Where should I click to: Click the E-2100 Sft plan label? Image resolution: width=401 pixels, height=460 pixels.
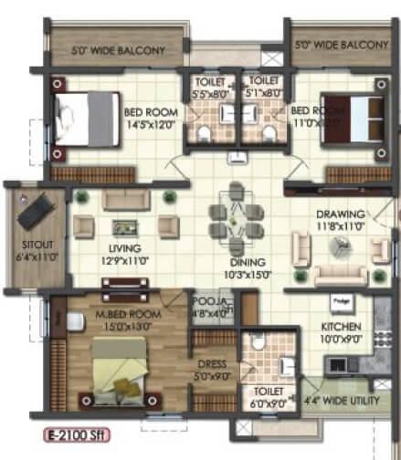78,436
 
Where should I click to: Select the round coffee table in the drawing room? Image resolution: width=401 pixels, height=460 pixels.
340,245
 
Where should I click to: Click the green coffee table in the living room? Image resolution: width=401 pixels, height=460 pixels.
121,227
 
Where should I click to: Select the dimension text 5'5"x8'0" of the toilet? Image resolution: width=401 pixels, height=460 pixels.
209,92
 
